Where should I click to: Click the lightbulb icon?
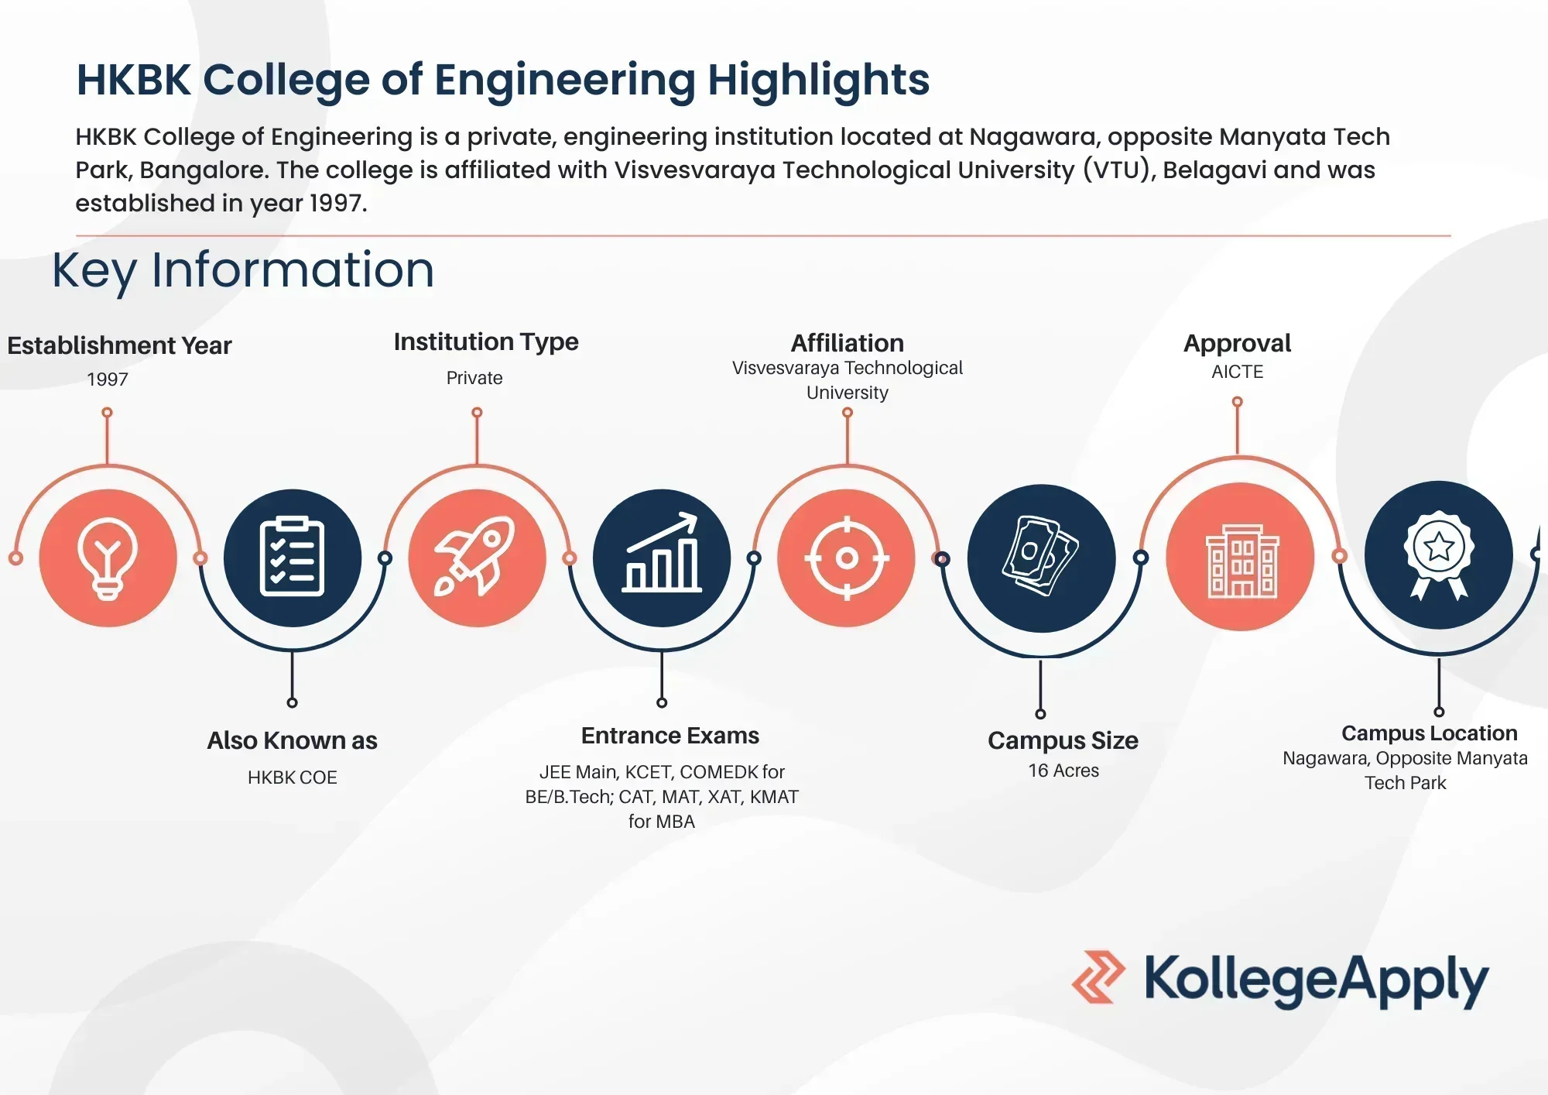click(108, 558)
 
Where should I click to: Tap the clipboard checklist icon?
click(292, 558)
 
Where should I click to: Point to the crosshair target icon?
click(846, 558)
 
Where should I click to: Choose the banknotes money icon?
click(1041, 556)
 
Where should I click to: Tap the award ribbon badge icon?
click(1438, 554)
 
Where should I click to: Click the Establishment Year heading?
click(119, 345)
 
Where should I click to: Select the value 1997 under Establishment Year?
click(108, 379)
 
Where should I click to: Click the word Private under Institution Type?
click(474, 378)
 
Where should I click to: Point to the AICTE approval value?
click(1237, 372)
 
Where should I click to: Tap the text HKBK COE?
click(293, 777)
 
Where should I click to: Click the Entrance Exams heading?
click(670, 736)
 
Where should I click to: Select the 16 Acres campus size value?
click(1063, 771)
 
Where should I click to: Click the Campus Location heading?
click(1429, 733)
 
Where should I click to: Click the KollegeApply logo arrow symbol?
click(1098, 977)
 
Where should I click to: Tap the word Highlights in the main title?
click(818, 80)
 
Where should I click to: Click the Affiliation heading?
click(847, 343)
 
